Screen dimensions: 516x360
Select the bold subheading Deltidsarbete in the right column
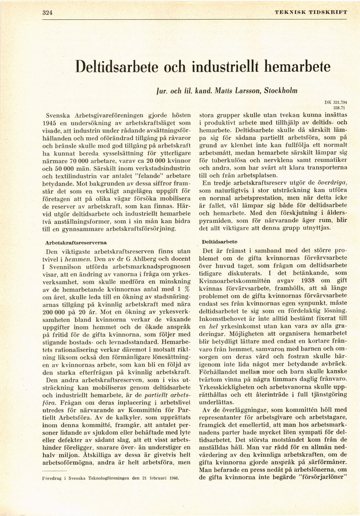pos(220,242)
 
